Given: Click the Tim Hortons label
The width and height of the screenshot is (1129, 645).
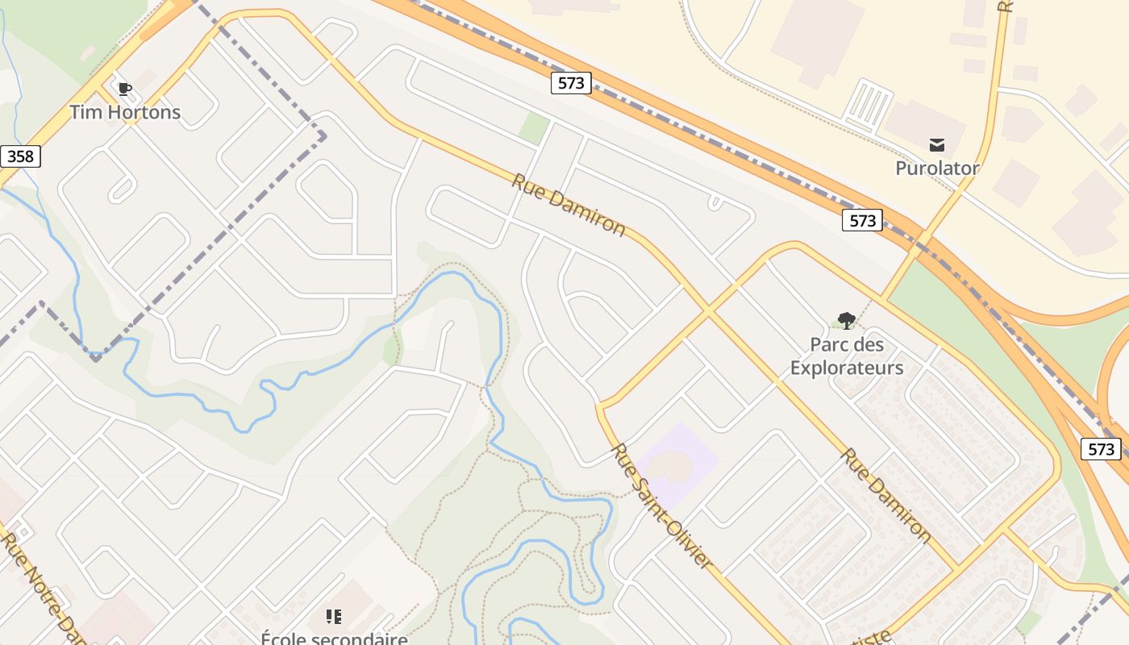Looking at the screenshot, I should coord(125,112).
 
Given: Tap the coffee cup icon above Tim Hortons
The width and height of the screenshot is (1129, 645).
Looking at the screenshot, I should coord(124,89).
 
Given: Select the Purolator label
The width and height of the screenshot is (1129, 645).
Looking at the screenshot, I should coord(937,169).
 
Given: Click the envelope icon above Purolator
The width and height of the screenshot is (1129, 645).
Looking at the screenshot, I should coord(937,145).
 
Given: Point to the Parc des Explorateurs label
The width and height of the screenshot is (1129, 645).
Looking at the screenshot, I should coord(847,356).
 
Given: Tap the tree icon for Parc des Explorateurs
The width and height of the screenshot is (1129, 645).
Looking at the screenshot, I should coord(846,321).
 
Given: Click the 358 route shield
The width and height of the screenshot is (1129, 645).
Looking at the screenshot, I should coord(19,156).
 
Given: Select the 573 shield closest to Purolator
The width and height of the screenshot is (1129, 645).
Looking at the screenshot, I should coord(862,220).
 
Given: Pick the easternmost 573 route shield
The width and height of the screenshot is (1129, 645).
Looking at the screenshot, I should coord(1101,449).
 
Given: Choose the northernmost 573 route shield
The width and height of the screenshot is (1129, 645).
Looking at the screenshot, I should coord(571,83).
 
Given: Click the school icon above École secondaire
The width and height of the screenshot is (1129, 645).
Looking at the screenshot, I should coord(334,617).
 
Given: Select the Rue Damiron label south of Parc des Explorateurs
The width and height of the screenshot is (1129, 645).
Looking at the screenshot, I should coord(885,495).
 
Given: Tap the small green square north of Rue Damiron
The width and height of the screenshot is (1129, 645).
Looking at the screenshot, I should coord(534,129).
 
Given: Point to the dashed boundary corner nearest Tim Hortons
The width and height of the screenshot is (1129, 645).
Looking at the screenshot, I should coord(323,136).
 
